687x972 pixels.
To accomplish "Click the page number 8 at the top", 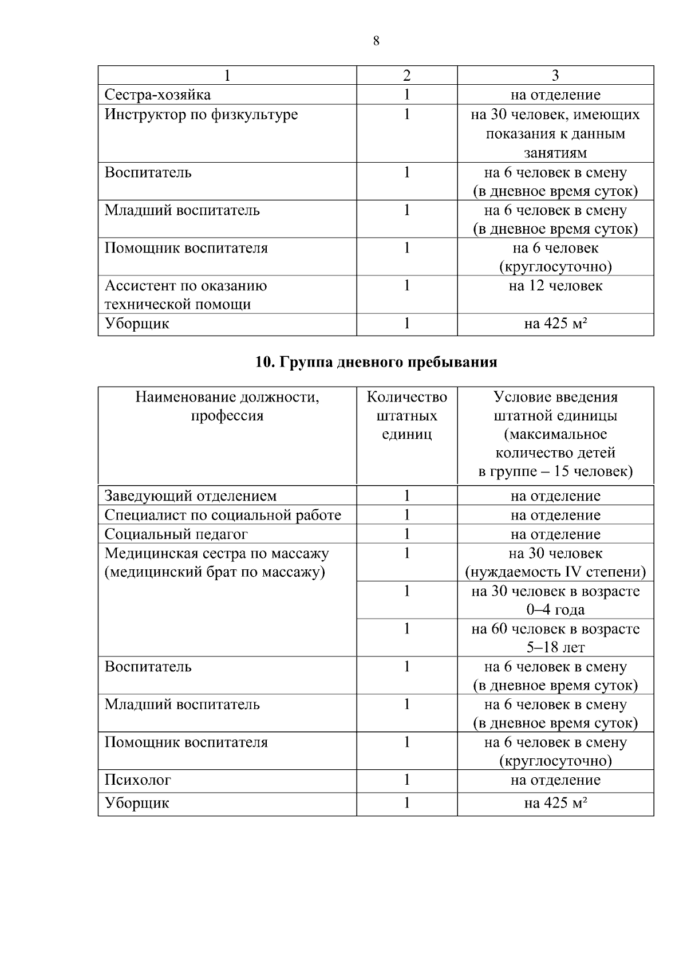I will click(x=376, y=41).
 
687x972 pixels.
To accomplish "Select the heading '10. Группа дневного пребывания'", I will click(x=376, y=363).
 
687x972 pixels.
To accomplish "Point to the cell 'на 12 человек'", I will click(x=555, y=286).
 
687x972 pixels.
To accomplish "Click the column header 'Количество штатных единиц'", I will click(x=406, y=415).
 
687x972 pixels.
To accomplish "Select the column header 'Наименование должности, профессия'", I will click(x=227, y=406).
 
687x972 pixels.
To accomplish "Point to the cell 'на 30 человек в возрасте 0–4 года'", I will click(x=555, y=600).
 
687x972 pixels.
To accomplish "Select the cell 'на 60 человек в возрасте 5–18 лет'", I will click(x=555, y=638).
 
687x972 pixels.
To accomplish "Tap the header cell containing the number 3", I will click(x=555, y=76).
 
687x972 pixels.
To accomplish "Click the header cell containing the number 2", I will click(x=406, y=76).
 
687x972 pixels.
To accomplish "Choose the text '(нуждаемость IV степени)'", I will click(x=555, y=572).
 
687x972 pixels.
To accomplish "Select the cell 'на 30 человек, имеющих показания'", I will click(x=555, y=133).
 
